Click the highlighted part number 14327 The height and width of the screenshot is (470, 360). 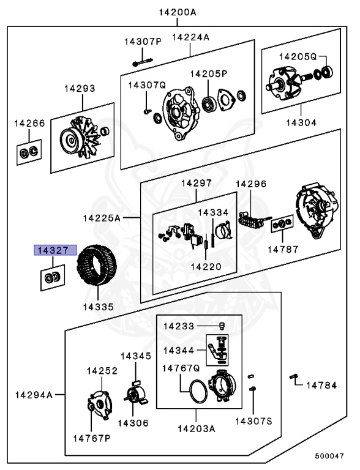[56, 250]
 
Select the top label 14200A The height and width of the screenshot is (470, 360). [178, 12]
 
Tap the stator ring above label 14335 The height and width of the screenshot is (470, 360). [97, 265]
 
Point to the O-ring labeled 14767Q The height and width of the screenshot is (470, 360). [198, 392]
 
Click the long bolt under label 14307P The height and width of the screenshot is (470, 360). [143, 62]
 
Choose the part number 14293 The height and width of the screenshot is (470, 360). [80, 88]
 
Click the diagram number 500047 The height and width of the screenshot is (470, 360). [329, 456]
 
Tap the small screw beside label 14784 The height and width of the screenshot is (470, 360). [294, 376]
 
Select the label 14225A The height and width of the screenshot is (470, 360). [102, 218]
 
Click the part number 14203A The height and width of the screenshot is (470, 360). [197, 428]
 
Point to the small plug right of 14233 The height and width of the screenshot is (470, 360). [222, 326]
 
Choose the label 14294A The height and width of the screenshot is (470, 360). [34, 395]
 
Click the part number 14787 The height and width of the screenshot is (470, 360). [283, 250]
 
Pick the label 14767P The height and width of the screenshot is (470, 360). [92, 438]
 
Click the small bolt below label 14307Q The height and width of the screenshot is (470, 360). [147, 111]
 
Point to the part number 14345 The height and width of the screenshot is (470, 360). [136, 356]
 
